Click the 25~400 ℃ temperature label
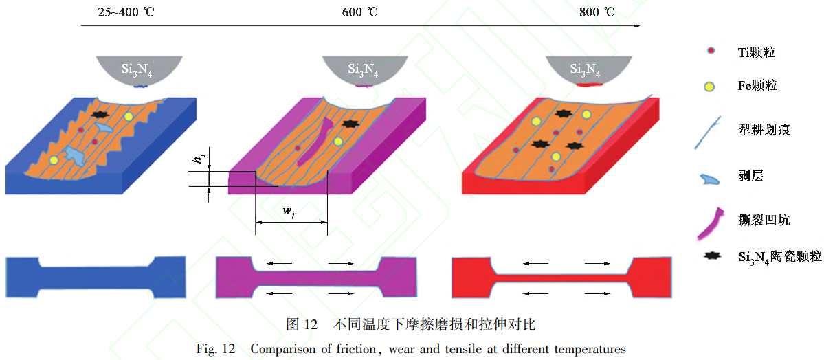123,12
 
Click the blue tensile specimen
95,276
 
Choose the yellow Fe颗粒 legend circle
710,86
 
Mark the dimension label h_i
198,160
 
